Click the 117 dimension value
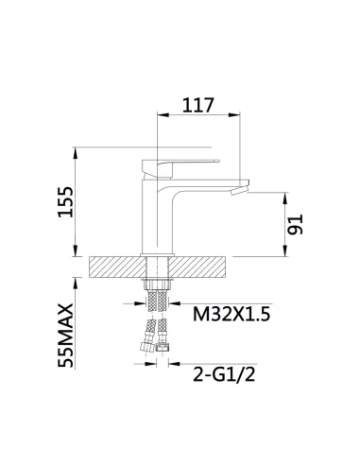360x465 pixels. click(198, 105)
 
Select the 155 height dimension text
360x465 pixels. click(65, 202)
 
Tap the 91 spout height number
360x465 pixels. click(295, 224)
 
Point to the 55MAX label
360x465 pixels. click(65, 336)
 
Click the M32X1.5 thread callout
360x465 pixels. click(231, 314)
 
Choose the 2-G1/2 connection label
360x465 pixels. click(224, 375)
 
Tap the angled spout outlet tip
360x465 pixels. click(240, 190)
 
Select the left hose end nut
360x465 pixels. click(146, 347)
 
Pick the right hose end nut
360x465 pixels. click(163, 348)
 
